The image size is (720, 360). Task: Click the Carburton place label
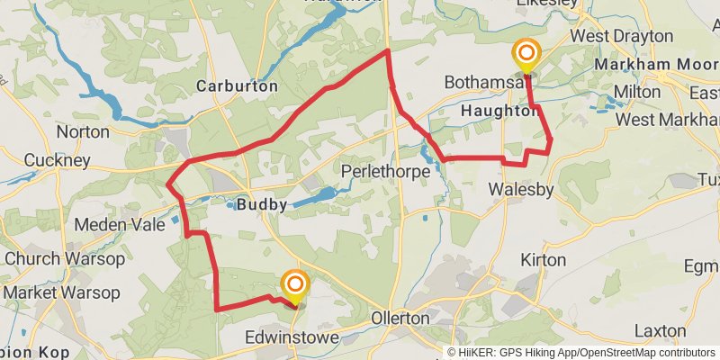click(238, 86)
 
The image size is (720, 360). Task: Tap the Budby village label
click(262, 204)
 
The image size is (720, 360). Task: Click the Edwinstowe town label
click(292, 337)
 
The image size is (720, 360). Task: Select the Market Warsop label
click(60, 292)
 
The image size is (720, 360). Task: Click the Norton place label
click(82, 131)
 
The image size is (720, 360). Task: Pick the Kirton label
click(544, 260)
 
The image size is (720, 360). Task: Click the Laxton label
click(660, 330)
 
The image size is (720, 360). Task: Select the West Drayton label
click(622, 36)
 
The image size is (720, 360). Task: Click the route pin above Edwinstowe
click(293, 285)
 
